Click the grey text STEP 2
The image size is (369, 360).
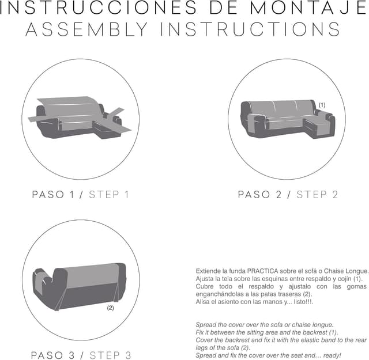tap(317, 195)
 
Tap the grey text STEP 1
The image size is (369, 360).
tap(108, 195)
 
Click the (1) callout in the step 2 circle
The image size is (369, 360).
tap(322, 105)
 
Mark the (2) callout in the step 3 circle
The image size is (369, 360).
tap(110, 308)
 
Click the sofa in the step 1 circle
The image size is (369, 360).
tap(75, 118)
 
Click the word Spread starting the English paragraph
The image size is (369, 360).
tap(206, 325)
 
